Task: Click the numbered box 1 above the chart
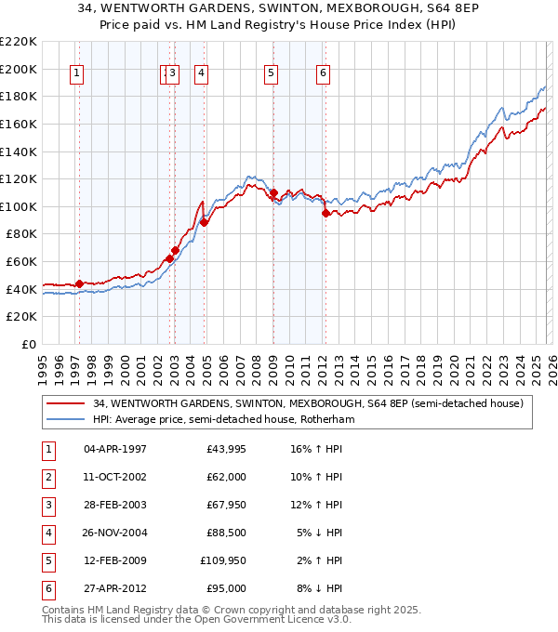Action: [75, 75]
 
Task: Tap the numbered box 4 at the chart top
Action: [201, 75]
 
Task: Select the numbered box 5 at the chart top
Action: [271, 75]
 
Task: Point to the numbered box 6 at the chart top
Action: [323, 75]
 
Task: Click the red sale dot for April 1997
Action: [79, 283]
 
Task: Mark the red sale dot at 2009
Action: [273, 192]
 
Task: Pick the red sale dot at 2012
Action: [325, 213]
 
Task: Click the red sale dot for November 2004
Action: [204, 222]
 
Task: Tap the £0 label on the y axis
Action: [28, 344]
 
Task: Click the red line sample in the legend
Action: [65, 403]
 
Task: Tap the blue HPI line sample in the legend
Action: [65, 419]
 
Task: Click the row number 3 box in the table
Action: [46, 506]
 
